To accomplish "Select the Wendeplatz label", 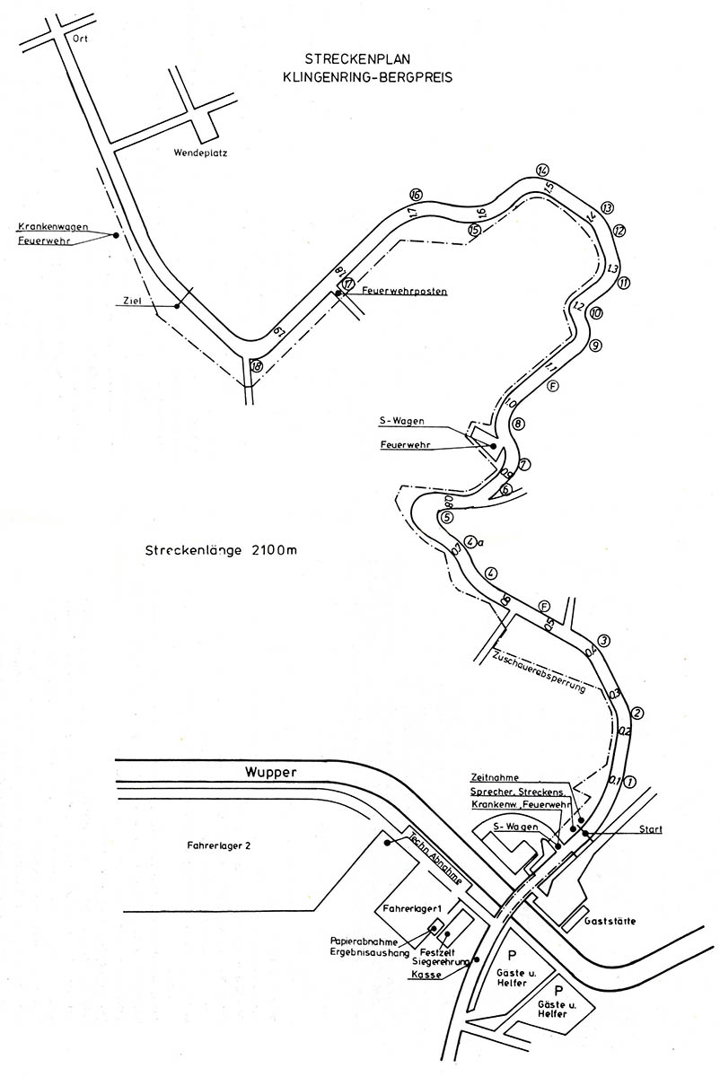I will click(200, 153).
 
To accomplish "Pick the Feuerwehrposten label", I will click(404, 292).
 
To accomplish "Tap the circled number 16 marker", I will click(415, 195).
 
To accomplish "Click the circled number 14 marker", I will click(542, 171).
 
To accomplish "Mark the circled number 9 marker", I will click(594, 345).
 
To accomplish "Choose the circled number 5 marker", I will click(447, 517).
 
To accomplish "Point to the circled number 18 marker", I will click(258, 365).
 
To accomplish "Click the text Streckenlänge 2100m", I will click(220, 550).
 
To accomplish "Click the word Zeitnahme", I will click(494, 777).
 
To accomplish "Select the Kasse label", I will click(425, 975).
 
